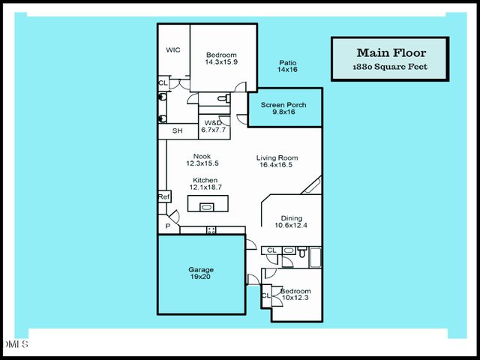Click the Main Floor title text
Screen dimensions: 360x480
click(x=391, y=52)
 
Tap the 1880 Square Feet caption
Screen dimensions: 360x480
click(x=391, y=67)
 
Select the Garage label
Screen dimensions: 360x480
click(x=200, y=269)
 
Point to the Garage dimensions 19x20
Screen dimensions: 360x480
click(x=200, y=277)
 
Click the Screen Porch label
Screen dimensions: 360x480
click(x=285, y=104)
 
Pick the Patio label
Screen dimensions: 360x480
click(x=287, y=63)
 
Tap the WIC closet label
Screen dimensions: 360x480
click(x=173, y=50)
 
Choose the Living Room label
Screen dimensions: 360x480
click(x=277, y=157)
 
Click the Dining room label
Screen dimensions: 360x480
click(x=291, y=218)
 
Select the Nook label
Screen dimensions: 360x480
click(x=202, y=156)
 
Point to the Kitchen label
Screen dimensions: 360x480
click(x=205, y=180)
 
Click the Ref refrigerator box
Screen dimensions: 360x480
click(x=164, y=196)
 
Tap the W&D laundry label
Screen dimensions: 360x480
click(x=213, y=122)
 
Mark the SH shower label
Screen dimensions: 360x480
click(x=177, y=131)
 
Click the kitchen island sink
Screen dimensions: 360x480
click(x=206, y=207)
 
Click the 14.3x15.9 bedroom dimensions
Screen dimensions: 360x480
click(x=221, y=62)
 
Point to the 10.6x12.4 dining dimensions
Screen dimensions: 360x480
click(x=291, y=225)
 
